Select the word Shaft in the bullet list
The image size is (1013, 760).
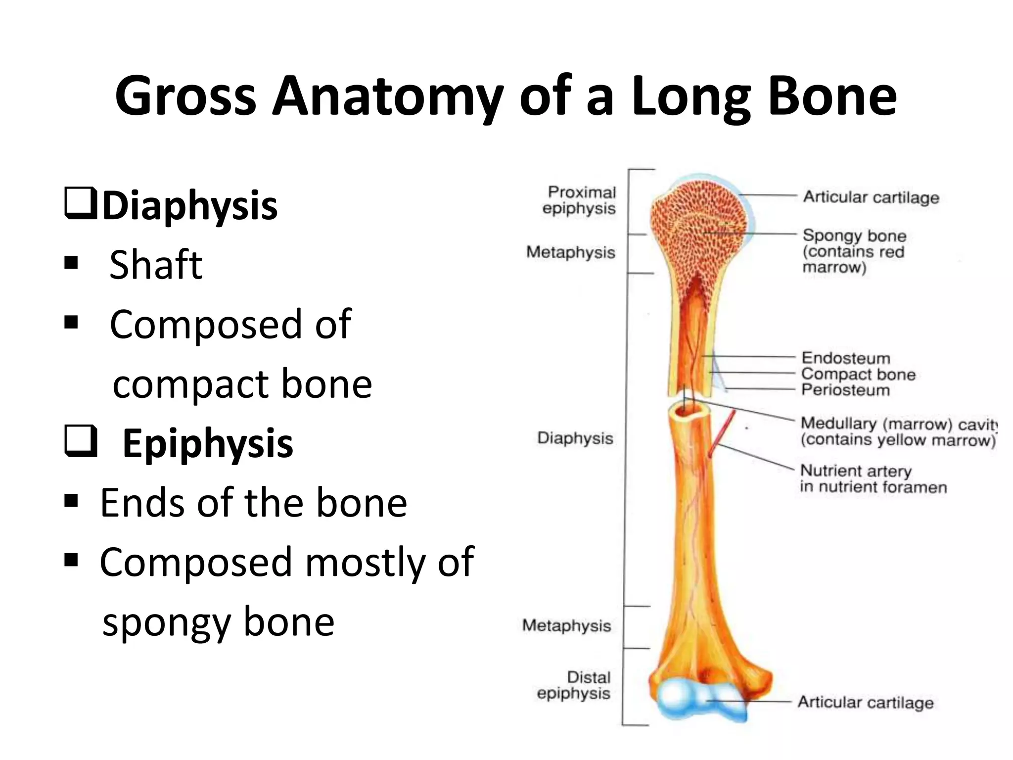155,265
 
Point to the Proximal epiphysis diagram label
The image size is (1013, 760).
580,200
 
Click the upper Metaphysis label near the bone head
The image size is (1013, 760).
571,252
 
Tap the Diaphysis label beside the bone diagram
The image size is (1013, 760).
575,438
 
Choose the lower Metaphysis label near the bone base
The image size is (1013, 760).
567,625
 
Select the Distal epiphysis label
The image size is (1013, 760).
575,685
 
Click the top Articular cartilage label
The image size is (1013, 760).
871,197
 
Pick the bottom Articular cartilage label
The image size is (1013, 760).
866,702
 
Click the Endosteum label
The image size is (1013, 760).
846,357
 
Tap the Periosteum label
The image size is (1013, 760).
845,390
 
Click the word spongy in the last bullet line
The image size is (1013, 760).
166,622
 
